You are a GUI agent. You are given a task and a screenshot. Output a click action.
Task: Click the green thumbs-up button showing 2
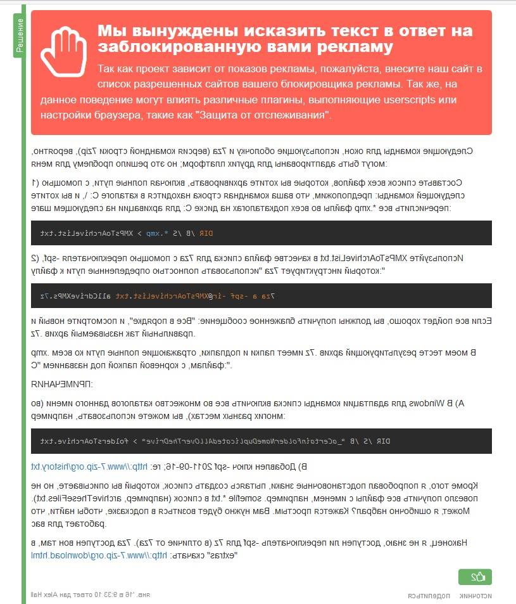[x=475, y=577]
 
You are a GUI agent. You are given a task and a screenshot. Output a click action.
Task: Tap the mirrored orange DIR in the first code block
[x=206, y=233]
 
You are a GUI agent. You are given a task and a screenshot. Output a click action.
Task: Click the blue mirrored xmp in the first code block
[x=153, y=233]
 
